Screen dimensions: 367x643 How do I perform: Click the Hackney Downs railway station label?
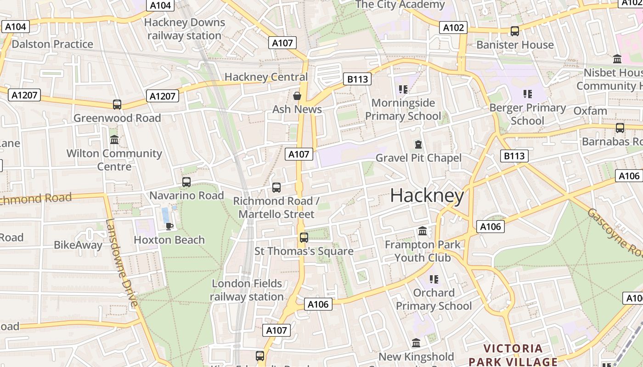(184, 29)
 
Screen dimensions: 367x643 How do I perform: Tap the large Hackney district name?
(427, 196)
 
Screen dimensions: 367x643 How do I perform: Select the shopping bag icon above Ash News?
(297, 96)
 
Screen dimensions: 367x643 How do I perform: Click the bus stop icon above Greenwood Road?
(117, 105)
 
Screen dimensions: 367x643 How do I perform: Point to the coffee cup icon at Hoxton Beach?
(169, 226)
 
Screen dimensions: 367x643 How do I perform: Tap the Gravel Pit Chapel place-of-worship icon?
(418, 145)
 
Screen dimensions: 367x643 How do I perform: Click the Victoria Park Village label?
(513, 355)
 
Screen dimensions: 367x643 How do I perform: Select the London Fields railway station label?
(247, 290)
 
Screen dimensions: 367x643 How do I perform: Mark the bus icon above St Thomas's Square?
(304, 238)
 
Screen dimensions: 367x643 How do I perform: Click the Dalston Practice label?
(52, 44)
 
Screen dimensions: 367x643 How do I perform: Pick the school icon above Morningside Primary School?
(403, 89)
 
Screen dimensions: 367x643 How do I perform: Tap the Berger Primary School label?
(527, 114)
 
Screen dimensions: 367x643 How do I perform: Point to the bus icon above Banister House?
(515, 31)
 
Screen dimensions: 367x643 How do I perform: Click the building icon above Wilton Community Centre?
(114, 139)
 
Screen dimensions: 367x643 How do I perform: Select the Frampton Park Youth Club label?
(423, 251)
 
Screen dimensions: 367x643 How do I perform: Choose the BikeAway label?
(78, 245)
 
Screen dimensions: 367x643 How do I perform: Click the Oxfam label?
(590, 111)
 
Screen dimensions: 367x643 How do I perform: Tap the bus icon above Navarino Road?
(186, 182)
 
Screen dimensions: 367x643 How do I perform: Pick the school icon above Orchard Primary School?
(434, 279)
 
